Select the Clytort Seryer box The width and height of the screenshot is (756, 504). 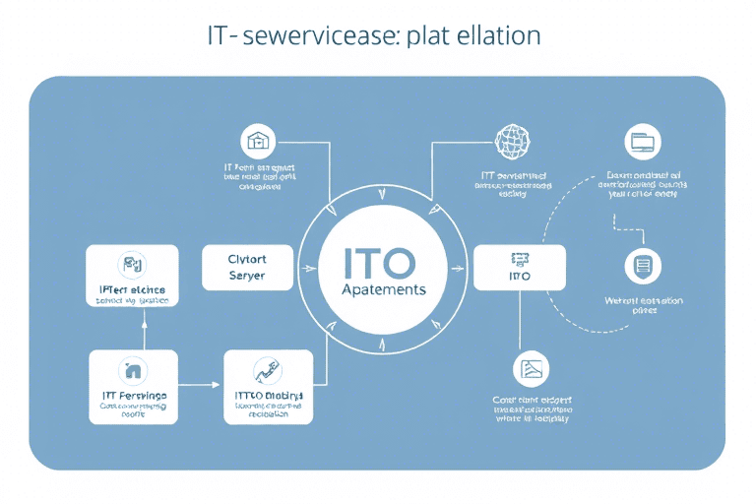tap(247, 268)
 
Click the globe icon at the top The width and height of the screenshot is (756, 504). tap(512, 141)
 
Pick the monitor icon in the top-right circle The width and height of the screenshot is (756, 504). tap(643, 142)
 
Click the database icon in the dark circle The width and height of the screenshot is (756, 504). tap(643, 266)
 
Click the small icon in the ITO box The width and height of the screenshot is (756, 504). tap(519, 259)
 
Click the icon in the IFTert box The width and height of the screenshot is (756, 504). tap(132, 264)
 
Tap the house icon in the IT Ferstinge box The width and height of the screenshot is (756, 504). tap(132, 370)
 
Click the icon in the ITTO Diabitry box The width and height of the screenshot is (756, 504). tap(266, 370)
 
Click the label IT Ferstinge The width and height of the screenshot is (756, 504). tap(135, 396)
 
